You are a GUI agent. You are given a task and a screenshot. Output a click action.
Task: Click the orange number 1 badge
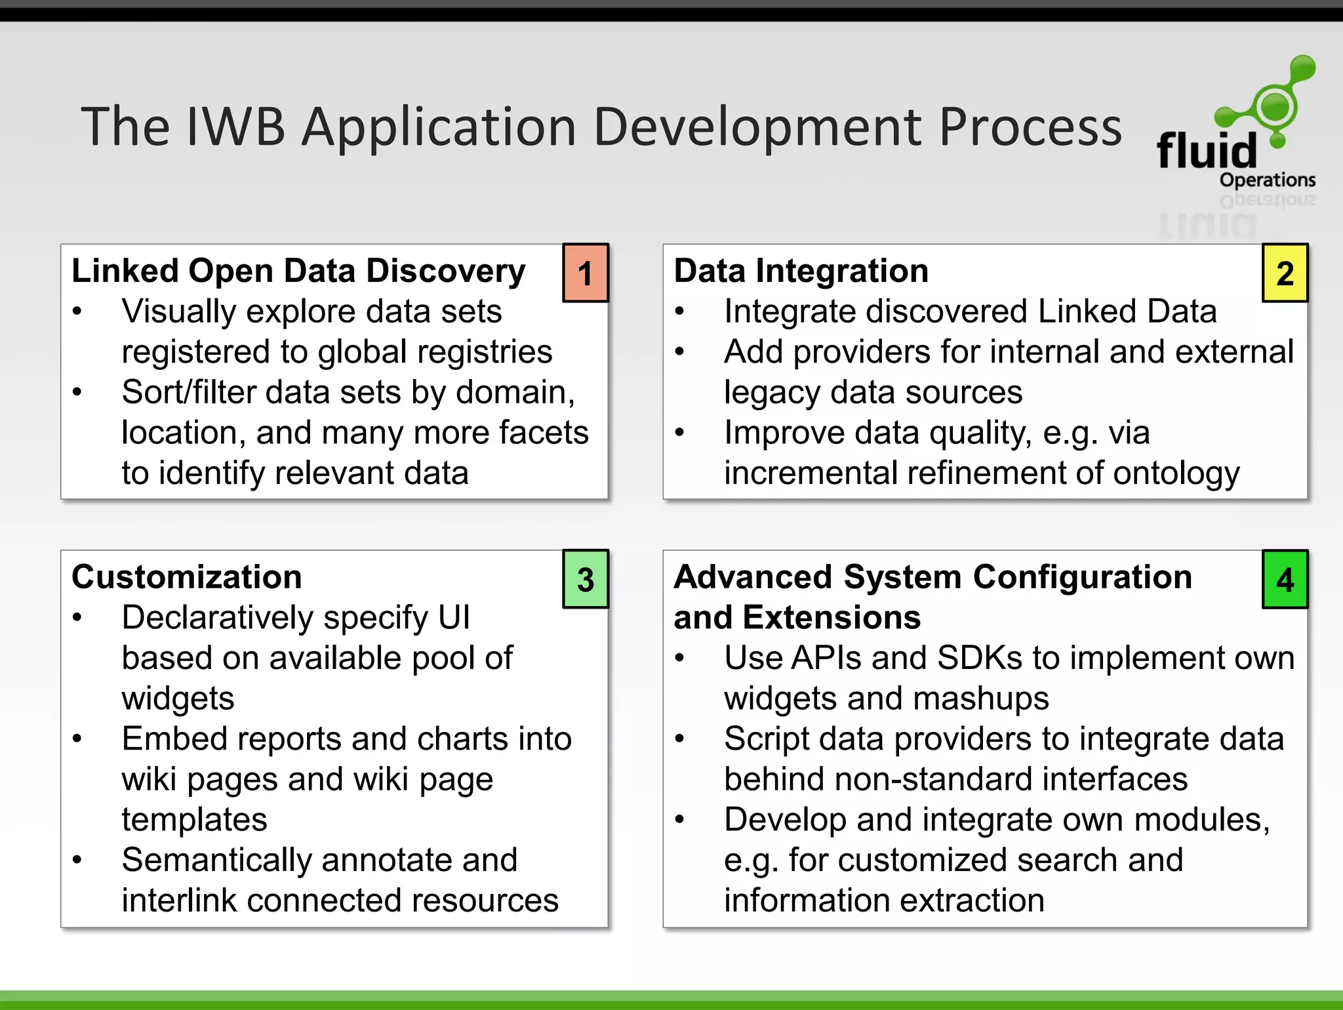[x=586, y=273]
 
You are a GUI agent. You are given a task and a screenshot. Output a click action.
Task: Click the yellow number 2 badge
[x=1285, y=273]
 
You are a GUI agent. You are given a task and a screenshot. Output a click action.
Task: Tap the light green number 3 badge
[x=586, y=579]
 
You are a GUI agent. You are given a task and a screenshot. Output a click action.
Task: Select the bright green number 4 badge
[x=1285, y=579]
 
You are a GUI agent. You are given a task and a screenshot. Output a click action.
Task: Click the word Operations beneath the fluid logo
[x=1267, y=180]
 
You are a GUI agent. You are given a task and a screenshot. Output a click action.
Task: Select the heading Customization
[x=187, y=577]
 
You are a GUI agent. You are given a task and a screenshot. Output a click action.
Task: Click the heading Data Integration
[x=801, y=271]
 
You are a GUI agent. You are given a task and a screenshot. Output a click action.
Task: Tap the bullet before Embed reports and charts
[x=77, y=738]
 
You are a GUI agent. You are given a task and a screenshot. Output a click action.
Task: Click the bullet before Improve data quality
[x=679, y=432]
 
